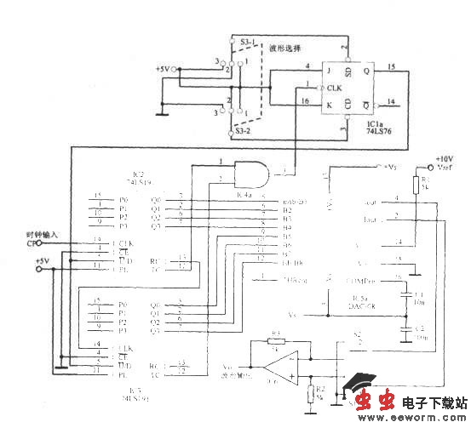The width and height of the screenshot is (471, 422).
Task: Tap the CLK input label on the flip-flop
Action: [332, 88]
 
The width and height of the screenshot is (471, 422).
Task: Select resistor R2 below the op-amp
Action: [309, 393]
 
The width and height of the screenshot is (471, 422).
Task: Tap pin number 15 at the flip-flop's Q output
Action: [391, 66]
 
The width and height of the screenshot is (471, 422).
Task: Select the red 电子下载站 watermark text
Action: [434, 400]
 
